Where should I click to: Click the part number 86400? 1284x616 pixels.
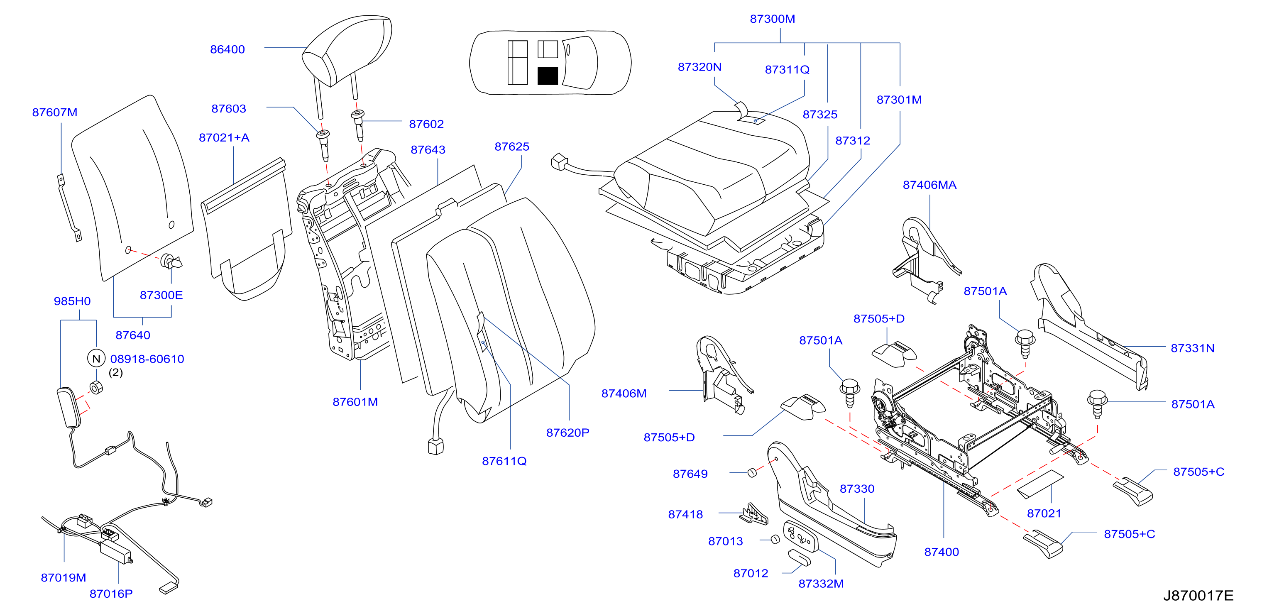tap(227, 49)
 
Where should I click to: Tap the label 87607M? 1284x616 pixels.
tap(55, 112)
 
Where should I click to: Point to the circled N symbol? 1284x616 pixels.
tap(96, 358)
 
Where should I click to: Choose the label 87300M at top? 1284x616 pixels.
tap(773, 19)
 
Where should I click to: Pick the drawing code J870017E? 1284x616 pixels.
tap(1198, 595)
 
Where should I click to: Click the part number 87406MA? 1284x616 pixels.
tap(929, 185)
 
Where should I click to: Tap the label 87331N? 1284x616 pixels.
tap(1192, 348)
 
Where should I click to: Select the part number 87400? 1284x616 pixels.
tap(942, 552)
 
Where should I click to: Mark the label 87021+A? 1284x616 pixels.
tap(224, 137)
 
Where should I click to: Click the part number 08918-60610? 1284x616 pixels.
tap(147, 359)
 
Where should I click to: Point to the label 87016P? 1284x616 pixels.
tap(111, 594)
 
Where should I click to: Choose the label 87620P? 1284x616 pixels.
tap(568, 433)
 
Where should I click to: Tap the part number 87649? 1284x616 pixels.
tap(690, 474)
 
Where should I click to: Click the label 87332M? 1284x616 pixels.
tap(821, 584)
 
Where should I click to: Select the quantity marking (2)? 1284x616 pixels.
tap(116, 372)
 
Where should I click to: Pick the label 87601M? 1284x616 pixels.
tap(355, 402)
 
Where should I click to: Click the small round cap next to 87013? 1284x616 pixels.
tap(775, 539)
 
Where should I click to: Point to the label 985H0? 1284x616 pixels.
tap(72, 301)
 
